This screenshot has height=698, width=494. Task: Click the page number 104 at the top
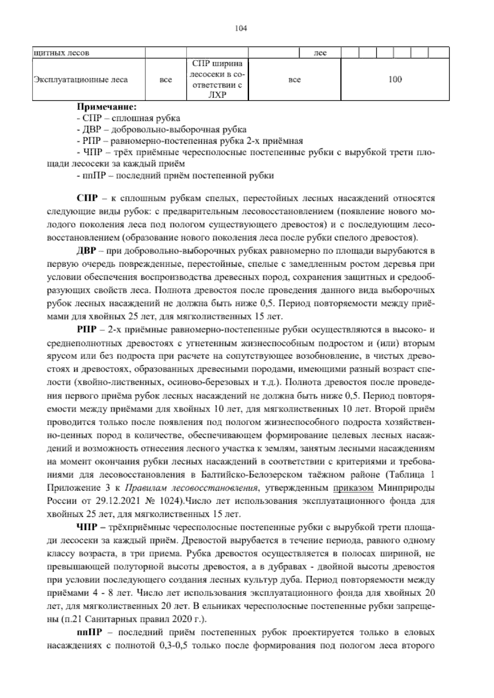click(x=240, y=28)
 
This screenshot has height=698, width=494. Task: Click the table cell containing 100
click(x=395, y=79)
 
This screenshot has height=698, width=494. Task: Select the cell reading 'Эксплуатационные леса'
click(x=81, y=80)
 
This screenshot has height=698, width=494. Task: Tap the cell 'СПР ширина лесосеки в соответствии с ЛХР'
click(x=217, y=79)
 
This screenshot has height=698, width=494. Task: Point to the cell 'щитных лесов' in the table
click(x=62, y=53)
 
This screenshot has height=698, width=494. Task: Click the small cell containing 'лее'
click(x=320, y=53)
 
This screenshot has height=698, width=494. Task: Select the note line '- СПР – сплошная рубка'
click(x=128, y=119)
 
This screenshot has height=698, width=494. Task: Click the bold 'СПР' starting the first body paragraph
click(x=87, y=198)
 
